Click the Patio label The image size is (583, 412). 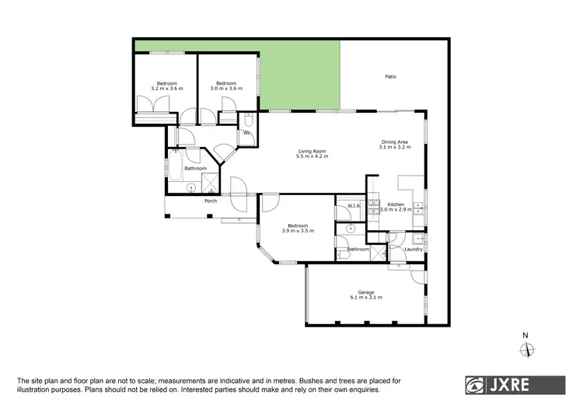391,76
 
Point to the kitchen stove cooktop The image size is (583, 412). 419,208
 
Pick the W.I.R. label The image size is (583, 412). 351,206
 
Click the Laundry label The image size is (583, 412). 414,249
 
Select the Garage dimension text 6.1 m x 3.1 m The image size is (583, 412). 366,298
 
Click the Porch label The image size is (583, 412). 210,201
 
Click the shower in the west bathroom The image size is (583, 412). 210,183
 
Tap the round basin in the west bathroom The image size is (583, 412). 192,187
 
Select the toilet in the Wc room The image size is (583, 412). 247,120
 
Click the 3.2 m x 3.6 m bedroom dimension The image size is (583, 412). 166,89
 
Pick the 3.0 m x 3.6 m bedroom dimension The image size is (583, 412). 226,89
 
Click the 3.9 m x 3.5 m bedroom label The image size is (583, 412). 297,231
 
